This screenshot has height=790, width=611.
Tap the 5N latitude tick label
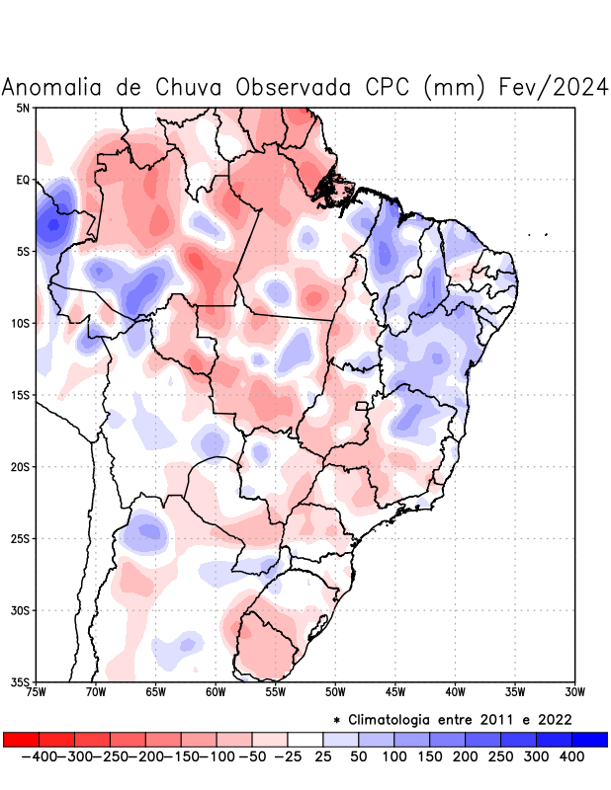click(x=23, y=108)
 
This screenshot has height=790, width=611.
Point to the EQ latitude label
click(x=22, y=180)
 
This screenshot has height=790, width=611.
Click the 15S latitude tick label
click(x=21, y=395)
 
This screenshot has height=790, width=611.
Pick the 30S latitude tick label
click(x=21, y=610)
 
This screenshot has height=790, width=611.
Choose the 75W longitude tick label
click(x=36, y=691)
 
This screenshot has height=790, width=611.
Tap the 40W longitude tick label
click(x=455, y=691)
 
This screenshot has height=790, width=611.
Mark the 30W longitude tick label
click(x=575, y=691)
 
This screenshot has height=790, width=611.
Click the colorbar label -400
click(x=39, y=755)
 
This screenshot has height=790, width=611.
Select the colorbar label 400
click(x=572, y=755)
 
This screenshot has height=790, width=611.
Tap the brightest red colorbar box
click(x=21, y=739)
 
